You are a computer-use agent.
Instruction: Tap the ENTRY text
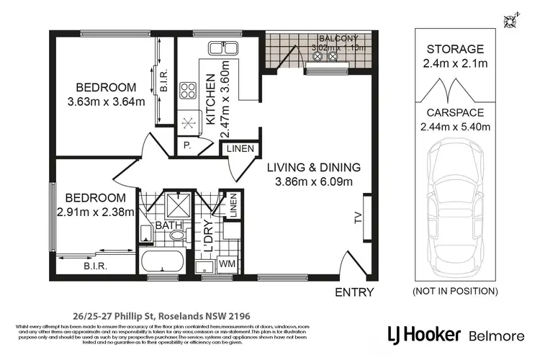point(354,292)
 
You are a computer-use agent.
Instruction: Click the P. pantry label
point(187,145)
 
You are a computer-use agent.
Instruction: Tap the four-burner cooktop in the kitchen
point(189,91)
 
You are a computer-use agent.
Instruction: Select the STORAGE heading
point(454,49)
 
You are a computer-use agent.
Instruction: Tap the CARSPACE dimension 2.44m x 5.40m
point(454,127)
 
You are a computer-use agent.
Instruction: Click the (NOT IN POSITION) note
point(454,291)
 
